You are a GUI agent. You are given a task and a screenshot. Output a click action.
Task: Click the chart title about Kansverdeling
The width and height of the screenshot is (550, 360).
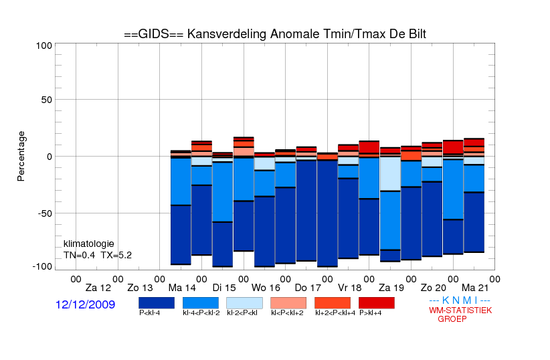point(275,34)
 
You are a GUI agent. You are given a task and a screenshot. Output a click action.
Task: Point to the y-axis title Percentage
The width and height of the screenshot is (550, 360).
point(21,156)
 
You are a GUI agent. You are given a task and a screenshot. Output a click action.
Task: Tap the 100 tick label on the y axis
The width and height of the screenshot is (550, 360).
point(44,46)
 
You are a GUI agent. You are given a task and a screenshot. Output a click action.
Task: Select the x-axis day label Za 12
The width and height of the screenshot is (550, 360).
point(98,288)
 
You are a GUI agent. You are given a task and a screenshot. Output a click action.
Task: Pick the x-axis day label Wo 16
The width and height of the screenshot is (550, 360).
point(266,288)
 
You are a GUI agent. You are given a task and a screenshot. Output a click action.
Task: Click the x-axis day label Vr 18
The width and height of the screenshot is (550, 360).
point(350,288)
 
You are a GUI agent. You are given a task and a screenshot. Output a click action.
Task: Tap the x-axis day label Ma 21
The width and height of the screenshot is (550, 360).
point(475,288)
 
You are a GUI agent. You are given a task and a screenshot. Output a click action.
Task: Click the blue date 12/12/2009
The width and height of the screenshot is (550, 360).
point(85,304)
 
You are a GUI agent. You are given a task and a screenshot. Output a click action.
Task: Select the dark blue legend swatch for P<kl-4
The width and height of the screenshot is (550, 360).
point(157,303)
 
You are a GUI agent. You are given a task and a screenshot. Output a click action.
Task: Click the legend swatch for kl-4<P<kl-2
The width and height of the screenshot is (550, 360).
point(201,303)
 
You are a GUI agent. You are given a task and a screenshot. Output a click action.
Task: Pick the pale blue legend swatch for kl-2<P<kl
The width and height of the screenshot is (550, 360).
point(244,303)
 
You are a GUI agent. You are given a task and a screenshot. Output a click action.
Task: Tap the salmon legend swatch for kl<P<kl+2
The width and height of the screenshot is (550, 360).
point(288,303)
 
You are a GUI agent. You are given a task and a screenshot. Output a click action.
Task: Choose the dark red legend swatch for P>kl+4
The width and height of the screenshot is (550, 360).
point(377,303)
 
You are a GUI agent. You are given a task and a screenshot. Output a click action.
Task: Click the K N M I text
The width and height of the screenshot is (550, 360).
point(460,300)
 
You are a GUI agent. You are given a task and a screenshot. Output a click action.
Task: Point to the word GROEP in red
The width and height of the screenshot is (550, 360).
point(452,319)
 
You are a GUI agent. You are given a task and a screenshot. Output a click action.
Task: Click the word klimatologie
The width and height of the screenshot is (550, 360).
point(89,244)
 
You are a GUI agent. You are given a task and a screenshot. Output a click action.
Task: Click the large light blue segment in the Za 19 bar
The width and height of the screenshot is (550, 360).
point(390,174)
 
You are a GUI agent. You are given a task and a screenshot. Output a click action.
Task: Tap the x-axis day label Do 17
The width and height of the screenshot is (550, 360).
point(308,288)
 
